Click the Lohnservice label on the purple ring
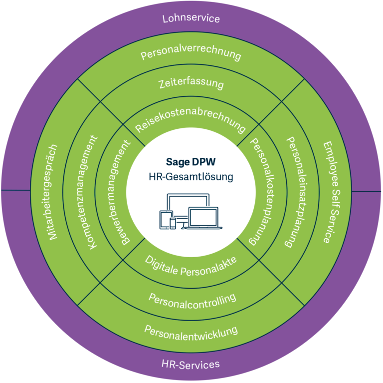(x=191, y=18)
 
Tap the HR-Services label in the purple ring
(x=191, y=364)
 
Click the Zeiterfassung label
(x=191, y=83)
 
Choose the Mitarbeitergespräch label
(x=52, y=192)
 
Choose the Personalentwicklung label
(x=191, y=333)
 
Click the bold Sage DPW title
(x=191, y=162)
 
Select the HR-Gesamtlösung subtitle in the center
(x=191, y=177)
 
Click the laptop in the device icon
(x=203, y=218)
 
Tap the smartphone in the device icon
(x=173, y=223)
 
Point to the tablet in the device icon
(x=166, y=220)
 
